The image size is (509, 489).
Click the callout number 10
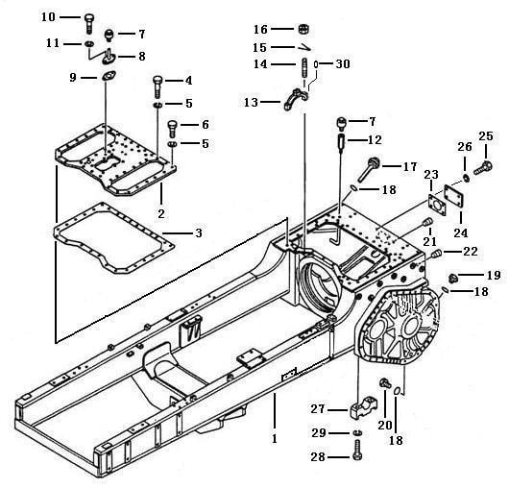48,17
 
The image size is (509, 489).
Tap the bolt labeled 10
88,23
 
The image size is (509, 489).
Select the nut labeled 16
303,29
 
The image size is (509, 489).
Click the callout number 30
343,64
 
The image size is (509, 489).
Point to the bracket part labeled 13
296,98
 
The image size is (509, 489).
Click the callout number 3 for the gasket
199,232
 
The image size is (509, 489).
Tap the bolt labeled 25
483,168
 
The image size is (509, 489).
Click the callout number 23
431,174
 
